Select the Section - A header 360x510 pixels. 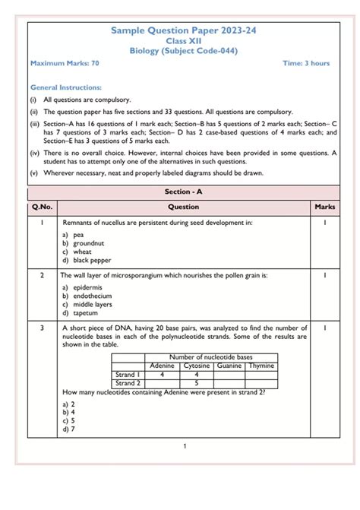pyautogui.click(x=183, y=192)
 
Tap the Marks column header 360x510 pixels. pyautogui.click(x=324, y=207)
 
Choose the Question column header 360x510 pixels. pyautogui.click(x=183, y=207)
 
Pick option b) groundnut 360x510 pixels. pyautogui.click(x=83, y=243)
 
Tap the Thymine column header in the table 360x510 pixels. pyautogui.click(x=261, y=366)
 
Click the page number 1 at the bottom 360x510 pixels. pyautogui.click(x=184, y=446)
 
